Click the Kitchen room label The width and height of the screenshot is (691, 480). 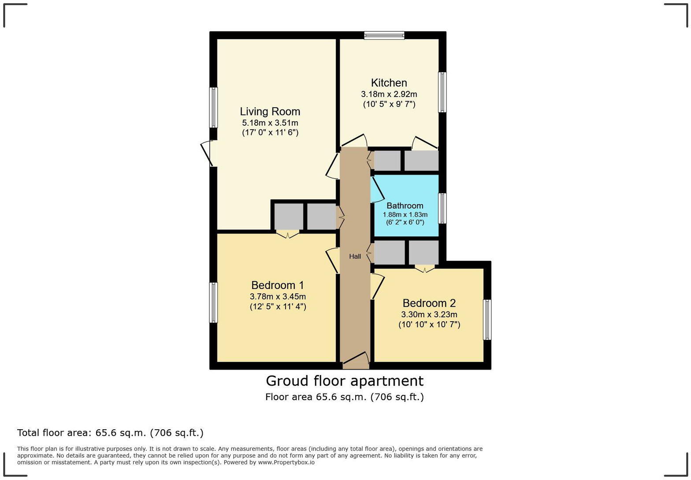point(389,83)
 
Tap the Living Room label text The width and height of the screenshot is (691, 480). point(270,112)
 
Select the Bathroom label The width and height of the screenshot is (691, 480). point(405,206)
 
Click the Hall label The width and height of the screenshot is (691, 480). point(355,256)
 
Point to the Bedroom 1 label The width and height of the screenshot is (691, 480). point(277,285)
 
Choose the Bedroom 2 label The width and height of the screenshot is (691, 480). point(429,304)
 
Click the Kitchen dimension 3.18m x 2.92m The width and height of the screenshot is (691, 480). point(389,94)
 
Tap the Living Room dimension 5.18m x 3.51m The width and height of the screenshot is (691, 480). point(270,123)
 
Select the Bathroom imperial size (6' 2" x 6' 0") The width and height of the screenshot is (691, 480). point(405,222)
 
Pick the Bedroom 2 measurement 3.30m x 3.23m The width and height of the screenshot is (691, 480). point(429,315)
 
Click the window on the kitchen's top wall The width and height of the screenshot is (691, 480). point(384,35)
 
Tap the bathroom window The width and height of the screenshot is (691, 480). point(442,208)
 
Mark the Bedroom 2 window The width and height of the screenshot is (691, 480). point(487,320)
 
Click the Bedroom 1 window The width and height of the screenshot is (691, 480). point(213,303)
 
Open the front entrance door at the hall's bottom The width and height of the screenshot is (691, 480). point(356,361)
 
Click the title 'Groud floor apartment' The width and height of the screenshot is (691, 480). point(345,381)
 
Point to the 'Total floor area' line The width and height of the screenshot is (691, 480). point(110,433)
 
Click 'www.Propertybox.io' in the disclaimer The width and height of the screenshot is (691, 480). point(286,462)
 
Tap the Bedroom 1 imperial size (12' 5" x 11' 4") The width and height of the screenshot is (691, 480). point(278,307)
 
